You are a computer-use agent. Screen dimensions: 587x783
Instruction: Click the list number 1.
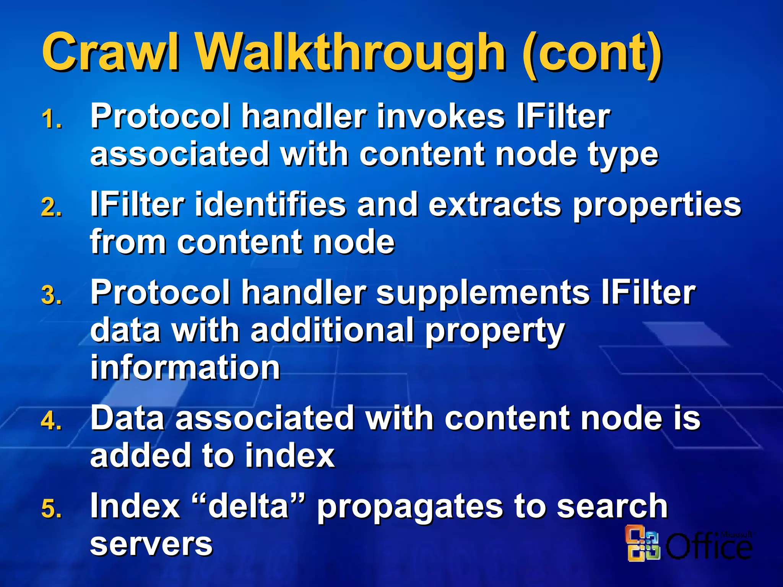click(51, 119)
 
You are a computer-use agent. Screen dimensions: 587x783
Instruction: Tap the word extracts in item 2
click(495, 204)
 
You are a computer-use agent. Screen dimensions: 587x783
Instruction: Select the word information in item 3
click(185, 367)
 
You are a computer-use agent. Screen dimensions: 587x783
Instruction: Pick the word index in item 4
click(289, 455)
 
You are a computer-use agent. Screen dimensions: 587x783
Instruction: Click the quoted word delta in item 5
click(248, 506)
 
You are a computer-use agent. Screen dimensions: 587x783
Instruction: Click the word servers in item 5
click(151, 544)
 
